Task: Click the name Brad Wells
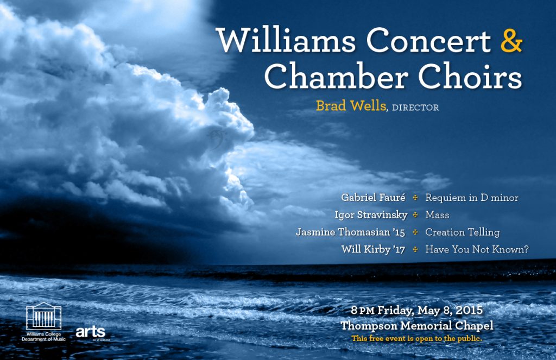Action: pyautogui.click(x=351, y=106)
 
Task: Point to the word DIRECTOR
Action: pyautogui.click(x=415, y=108)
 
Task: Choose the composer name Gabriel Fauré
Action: pyautogui.click(x=373, y=197)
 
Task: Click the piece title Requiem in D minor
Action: pyautogui.click(x=472, y=198)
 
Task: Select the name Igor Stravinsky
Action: pyautogui.click(x=371, y=215)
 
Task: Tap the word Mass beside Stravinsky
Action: pyautogui.click(x=437, y=215)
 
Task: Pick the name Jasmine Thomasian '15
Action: pyautogui.click(x=350, y=232)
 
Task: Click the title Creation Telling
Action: pyautogui.click(x=463, y=232)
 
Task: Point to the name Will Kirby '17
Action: pyautogui.click(x=373, y=249)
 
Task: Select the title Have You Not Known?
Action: pyautogui.click(x=477, y=249)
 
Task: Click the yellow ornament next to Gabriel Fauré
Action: pyautogui.click(x=415, y=198)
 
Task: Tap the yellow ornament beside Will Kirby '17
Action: pyautogui.click(x=415, y=250)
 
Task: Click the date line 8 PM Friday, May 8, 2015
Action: pyautogui.click(x=416, y=311)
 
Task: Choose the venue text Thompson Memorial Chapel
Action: pyautogui.click(x=416, y=326)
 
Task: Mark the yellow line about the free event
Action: pyautogui.click(x=416, y=338)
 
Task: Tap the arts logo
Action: pyautogui.click(x=91, y=332)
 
